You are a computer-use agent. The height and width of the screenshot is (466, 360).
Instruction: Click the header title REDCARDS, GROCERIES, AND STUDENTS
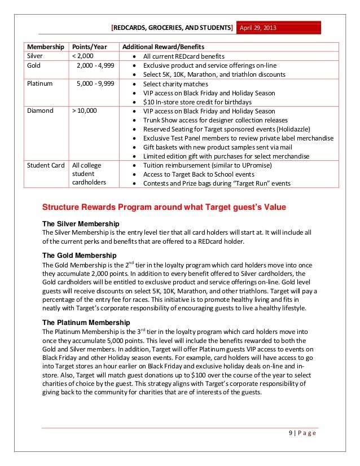[172, 27]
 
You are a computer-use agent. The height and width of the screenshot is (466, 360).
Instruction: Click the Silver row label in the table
[37, 56]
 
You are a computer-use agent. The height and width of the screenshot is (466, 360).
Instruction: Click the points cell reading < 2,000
[83, 56]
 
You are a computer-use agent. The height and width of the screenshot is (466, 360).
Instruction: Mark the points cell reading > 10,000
[84, 111]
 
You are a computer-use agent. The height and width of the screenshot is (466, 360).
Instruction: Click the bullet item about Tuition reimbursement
[207, 165]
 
